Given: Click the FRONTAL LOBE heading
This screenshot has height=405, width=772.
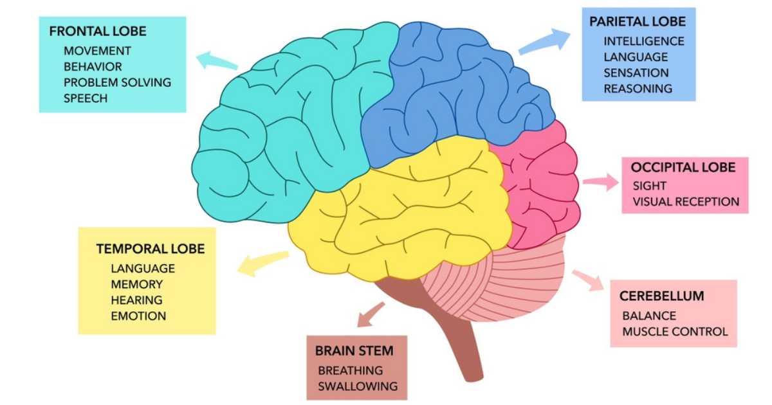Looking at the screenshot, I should [97, 31].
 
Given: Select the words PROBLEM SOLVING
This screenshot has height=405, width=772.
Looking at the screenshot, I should [117, 82].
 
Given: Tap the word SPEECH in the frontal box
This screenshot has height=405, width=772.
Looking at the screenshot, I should [86, 98].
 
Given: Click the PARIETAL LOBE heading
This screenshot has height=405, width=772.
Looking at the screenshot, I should [638, 22].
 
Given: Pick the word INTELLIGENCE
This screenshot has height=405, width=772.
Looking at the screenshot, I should [643, 41].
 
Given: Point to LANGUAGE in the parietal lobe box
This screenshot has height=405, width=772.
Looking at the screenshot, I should [635, 57].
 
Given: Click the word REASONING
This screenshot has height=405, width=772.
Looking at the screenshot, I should [638, 89].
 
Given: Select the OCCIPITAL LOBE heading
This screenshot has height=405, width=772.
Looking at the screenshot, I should [683, 168].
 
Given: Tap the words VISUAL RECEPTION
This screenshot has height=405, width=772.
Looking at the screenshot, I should [686, 202].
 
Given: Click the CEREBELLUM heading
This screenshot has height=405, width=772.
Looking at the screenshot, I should [662, 296].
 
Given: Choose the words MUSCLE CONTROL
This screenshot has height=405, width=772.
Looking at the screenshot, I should [675, 332].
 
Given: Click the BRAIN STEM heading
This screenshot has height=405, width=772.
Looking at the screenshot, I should [354, 351].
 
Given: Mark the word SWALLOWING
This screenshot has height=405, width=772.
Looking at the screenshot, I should [358, 386].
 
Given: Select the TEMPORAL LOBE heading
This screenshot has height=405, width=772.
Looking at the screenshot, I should [150, 248].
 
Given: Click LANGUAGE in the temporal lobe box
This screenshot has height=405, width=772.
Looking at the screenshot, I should [142, 268].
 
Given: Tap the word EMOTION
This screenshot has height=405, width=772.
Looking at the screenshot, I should [138, 316].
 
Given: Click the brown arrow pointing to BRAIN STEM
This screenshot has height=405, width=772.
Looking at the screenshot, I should [370, 316].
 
